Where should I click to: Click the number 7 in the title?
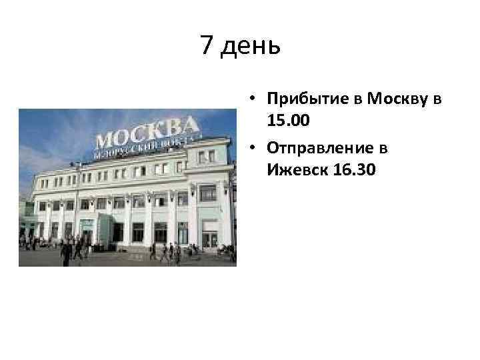pyautogui.click(x=207, y=46)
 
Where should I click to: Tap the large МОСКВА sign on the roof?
pyautogui.click(x=146, y=133)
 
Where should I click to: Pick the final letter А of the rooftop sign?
pyautogui.click(x=190, y=125)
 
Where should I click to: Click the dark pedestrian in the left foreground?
pyautogui.click(x=66, y=251)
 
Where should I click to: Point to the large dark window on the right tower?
pyautogui.click(x=208, y=194)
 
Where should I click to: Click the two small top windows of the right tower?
pyautogui.click(x=207, y=156)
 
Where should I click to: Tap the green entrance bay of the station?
pyautogui.click(x=87, y=229)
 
